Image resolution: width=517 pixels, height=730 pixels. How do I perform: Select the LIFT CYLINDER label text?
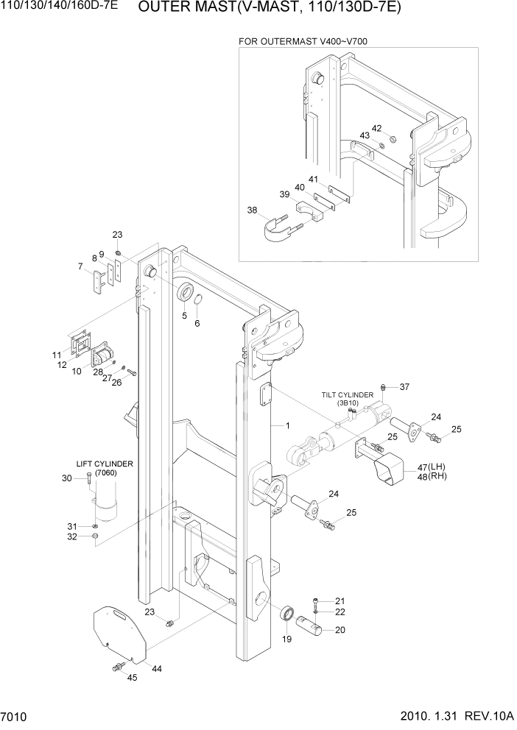tap(105, 464)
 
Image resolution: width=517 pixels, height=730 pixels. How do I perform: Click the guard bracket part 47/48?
tap(388, 469)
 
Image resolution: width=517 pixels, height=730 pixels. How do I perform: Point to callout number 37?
tap(404, 387)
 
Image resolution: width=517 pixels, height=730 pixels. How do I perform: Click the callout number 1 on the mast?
tap(288, 426)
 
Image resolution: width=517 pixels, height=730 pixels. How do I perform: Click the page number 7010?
tap(15, 717)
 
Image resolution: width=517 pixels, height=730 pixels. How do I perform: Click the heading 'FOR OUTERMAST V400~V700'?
tap(303, 41)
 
